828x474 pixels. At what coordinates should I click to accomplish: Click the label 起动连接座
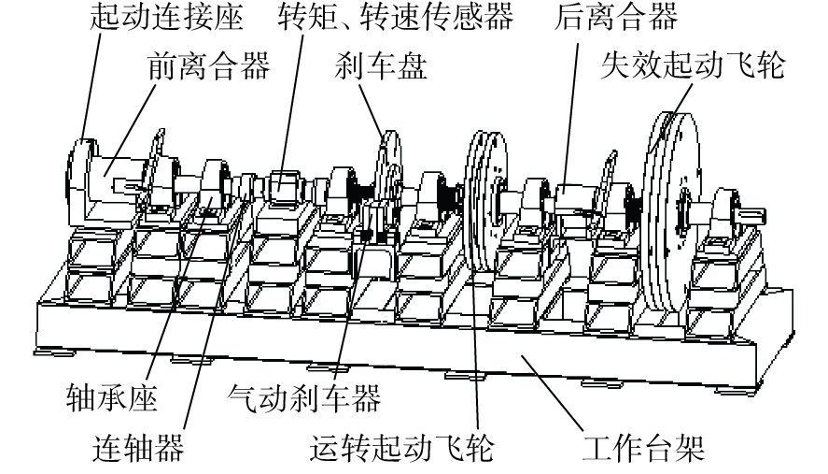click(166, 17)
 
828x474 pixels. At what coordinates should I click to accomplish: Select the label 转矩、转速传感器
click(396, 17)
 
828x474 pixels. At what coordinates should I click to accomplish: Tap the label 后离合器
click(615, 17)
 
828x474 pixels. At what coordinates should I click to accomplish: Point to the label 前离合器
click(209, 65)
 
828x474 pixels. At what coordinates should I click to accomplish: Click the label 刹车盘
click(380, 65)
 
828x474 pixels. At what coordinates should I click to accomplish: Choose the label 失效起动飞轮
click(693, 65)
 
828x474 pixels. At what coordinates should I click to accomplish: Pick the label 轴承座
click(112, 398)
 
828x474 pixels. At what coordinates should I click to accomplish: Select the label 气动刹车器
click(303, 398)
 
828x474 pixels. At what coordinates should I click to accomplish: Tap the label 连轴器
click(138, 448)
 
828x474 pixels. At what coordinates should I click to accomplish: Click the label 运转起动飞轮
click(401, 448)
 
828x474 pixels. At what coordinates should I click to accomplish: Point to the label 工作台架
click(643, 448)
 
